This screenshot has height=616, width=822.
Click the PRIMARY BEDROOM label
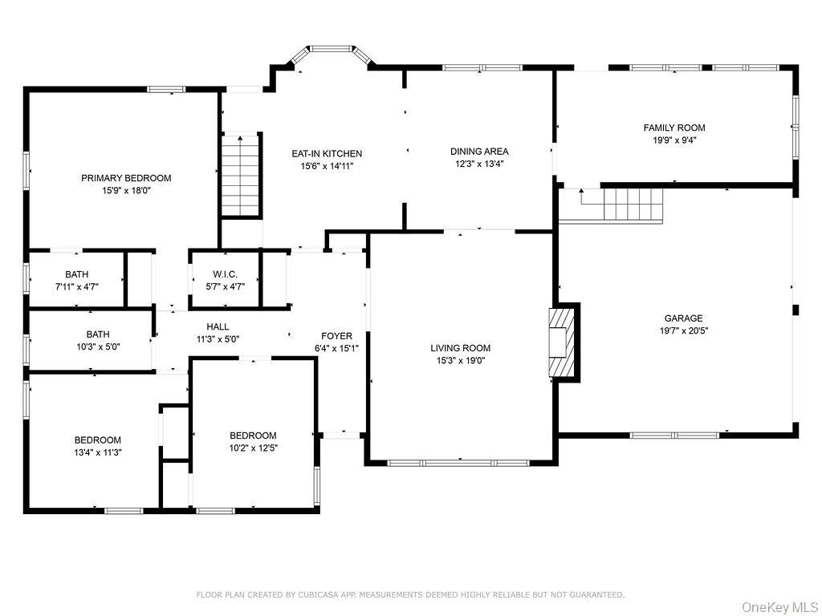point(126,178)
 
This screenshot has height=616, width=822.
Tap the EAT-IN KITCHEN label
point(327,153)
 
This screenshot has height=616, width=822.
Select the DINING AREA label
point(479,152)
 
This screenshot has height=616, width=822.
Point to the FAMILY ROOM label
point(674,128)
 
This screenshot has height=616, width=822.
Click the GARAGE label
point(684,318)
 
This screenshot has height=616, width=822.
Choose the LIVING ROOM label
point(460,348)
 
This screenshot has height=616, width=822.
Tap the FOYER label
point(336,336)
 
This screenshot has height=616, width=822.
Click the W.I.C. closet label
point(225,274)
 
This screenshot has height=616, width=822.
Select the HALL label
point(218,327)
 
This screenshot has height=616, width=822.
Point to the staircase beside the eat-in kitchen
point(241,174)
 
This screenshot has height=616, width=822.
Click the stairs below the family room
point(633,205)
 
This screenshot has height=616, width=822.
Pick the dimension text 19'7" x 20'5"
point(684,330)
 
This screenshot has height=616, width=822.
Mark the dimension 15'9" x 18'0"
point(126,191)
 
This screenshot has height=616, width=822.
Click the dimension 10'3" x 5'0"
point(98,346)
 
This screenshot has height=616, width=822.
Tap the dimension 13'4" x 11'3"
point(97,452)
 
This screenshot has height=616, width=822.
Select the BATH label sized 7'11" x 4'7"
point(76,274)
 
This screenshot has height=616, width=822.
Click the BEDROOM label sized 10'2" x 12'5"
point(253,436)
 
